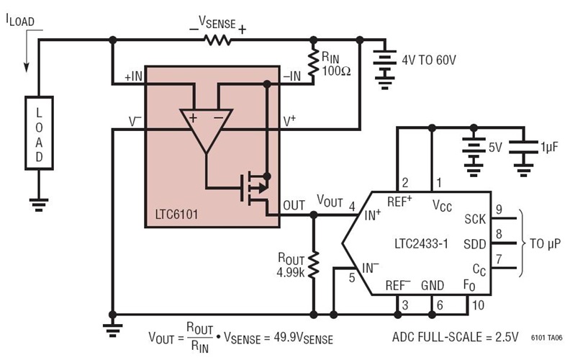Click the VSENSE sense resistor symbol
(217, 40)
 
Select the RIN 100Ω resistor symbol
(313, 63)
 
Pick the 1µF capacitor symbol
(523, 150)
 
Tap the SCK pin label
(474, 217)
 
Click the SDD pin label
(474, 243)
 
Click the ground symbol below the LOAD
(40, 204)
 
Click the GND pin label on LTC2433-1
(433, 286)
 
